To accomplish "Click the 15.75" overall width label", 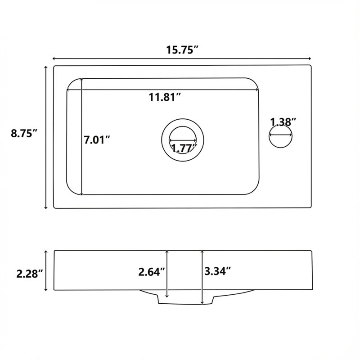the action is tap(182, 49).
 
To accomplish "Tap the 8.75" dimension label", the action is tap(24, 133).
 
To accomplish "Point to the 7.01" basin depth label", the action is tap(97, 140).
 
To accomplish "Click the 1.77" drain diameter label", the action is tap(184, 148).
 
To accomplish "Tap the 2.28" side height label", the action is tap(30, 274).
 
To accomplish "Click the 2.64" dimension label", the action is tap(152, 272).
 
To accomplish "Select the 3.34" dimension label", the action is tap(217, 271).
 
